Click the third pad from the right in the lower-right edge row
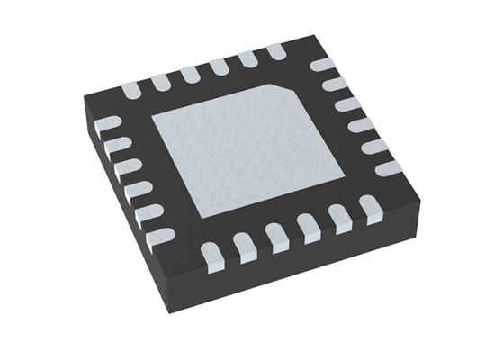(310, 230)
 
